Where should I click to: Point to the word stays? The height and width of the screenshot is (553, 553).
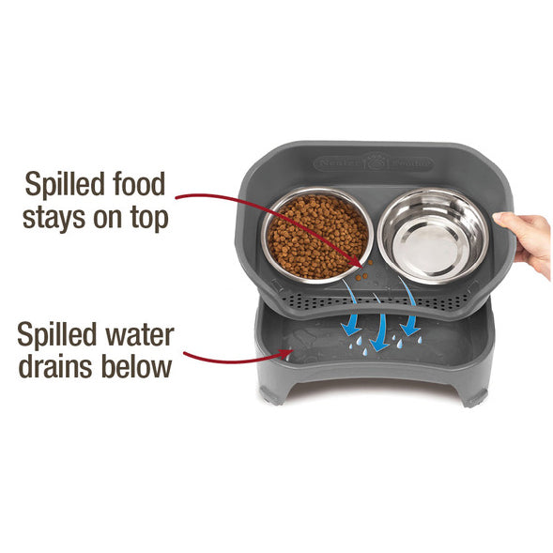(x=58, y=217)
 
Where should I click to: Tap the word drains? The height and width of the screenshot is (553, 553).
(x=57, y=366)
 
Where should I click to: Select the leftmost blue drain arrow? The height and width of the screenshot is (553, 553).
(x=351, y=318)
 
